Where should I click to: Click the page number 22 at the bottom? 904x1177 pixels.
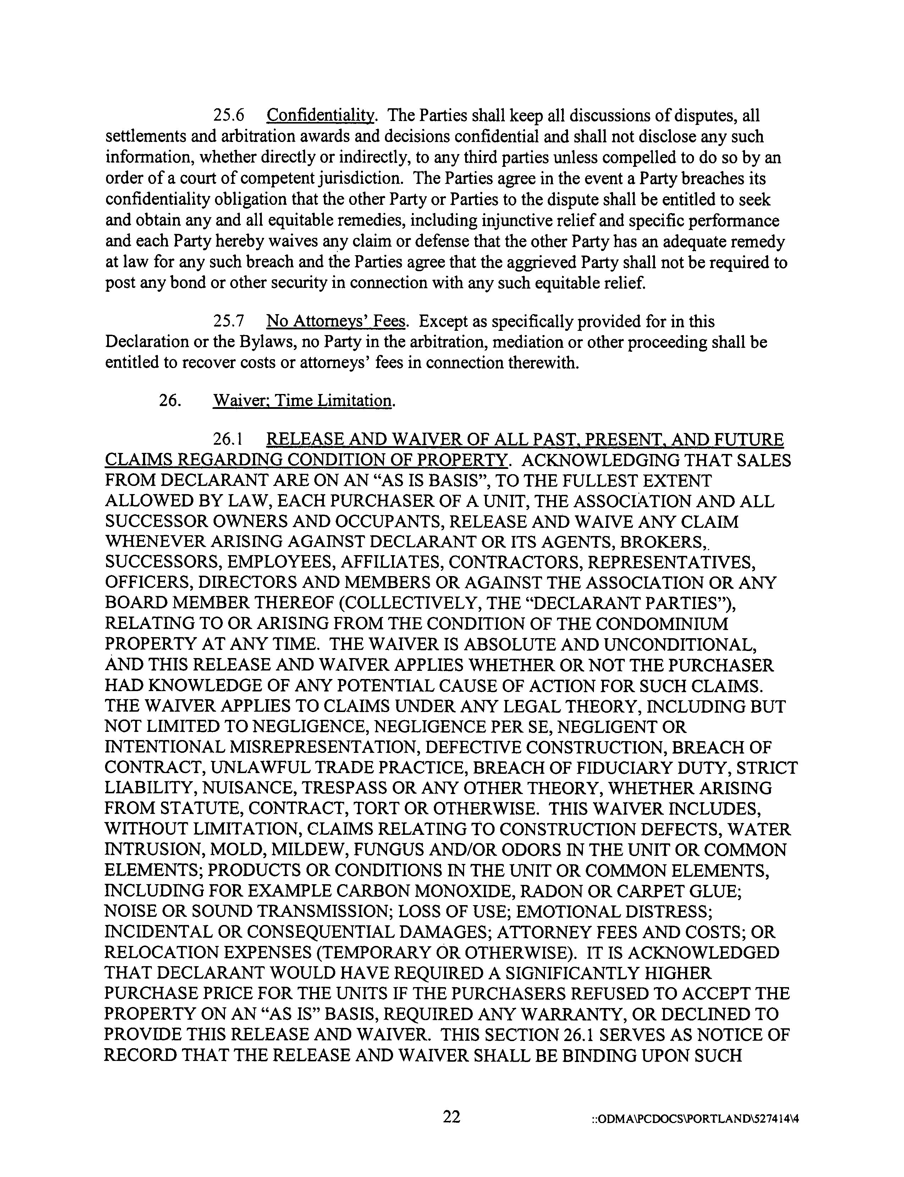[x=451, y=1116]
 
